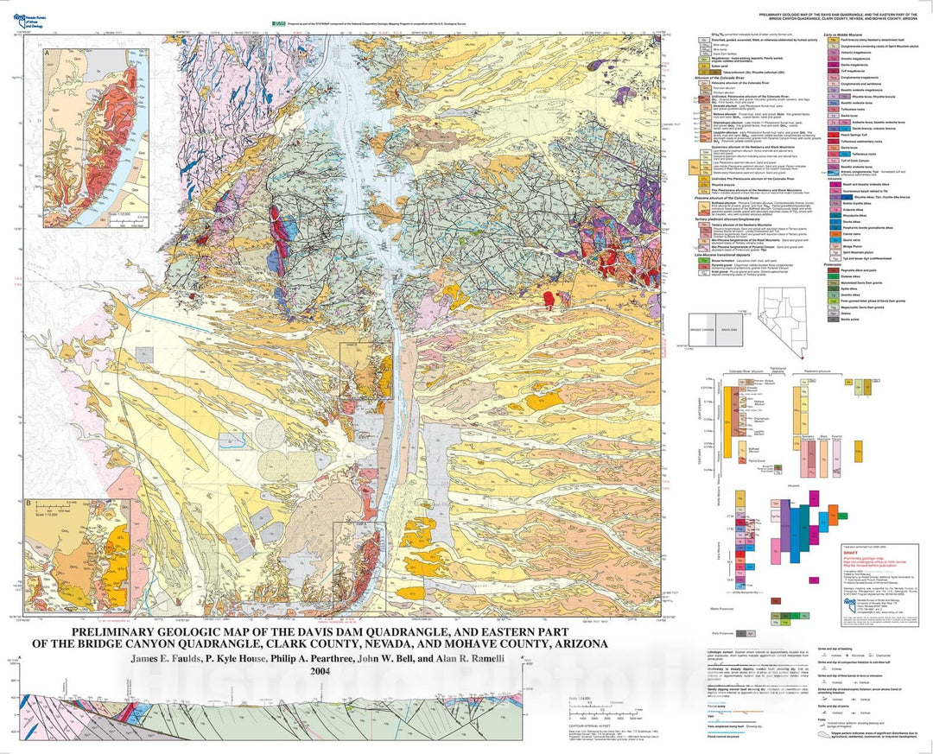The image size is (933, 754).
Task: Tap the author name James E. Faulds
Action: click(x=166, y=658)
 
